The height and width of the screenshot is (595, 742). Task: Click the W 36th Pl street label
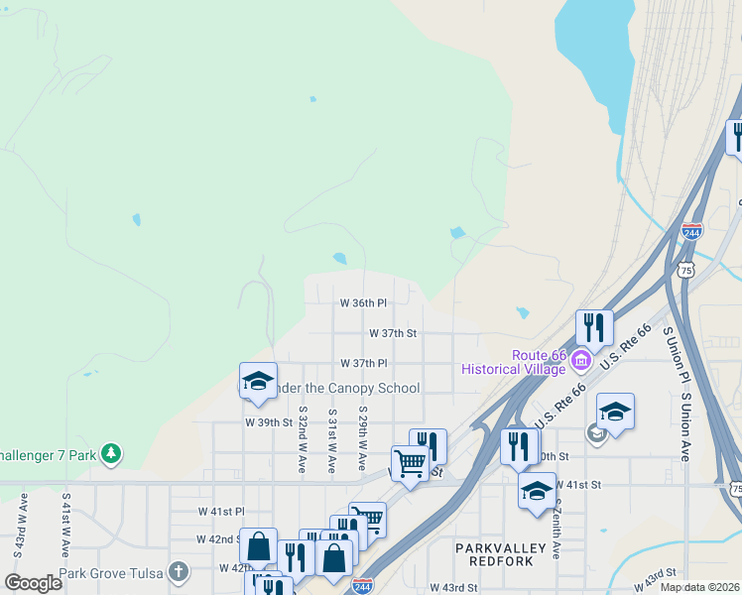point(363,302)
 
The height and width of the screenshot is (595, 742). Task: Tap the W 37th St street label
point(393,334)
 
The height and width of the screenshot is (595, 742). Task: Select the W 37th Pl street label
point(363,364)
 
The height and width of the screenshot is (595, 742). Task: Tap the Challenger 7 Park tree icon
point(112,454)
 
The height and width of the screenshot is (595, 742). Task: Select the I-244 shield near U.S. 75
point(691,232)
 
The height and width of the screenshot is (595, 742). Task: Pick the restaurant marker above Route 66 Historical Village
point(594,327)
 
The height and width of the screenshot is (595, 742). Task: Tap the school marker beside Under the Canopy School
point(258,382)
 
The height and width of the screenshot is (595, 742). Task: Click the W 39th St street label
point(269,421)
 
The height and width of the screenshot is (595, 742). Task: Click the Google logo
point(34,582)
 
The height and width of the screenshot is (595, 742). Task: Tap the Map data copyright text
point(699,587)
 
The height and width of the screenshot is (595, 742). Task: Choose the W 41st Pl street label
point(220,511)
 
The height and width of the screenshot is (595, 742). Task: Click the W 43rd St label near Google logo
point(454,587)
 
